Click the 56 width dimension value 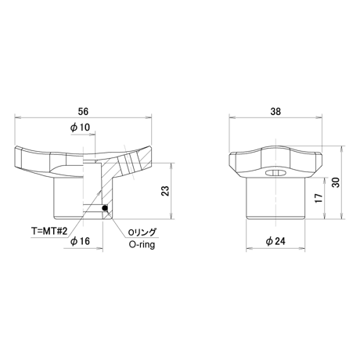83,111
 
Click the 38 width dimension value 275,111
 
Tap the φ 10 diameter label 80,128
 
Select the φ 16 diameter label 80,241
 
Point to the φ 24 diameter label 275,241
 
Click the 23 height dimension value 166,191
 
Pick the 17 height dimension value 319,198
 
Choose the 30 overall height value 337,182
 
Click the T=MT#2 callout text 49,232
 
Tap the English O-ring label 142,244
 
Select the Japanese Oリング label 142,232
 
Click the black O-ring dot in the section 105,208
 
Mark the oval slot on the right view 275,172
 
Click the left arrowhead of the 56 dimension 17,117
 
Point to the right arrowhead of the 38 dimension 319,117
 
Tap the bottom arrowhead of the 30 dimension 342,216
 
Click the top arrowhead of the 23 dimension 171,166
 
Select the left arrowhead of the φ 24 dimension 249,248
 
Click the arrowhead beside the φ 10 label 92,135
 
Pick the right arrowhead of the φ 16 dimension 100,248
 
